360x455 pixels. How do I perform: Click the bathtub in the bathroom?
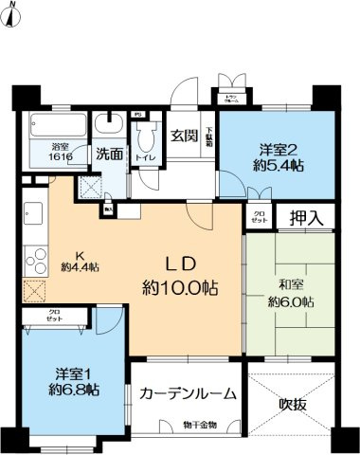60,125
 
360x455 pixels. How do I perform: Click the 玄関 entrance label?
184,135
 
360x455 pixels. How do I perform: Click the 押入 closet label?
305,217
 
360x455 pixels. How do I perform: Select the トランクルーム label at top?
230,98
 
